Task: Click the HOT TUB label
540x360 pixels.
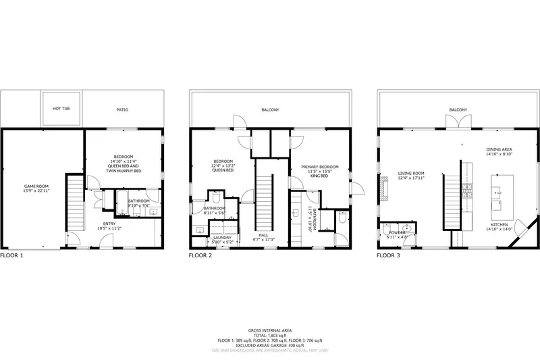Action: (61, 108)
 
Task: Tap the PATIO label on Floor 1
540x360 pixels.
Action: (122, 109)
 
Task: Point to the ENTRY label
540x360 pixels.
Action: (109, 223)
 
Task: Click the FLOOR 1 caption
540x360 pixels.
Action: (12, 256)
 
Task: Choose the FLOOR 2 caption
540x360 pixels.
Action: (200, 256)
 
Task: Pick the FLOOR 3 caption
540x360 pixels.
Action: (389, 256)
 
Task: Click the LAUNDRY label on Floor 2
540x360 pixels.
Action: (222, 238)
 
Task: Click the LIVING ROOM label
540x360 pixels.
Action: (410, 174)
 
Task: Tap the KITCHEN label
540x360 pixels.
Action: (500, 224)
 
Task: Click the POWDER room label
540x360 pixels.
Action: (396, 232)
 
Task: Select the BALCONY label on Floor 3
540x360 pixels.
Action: (458, 109)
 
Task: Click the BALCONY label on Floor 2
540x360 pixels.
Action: (270, 109)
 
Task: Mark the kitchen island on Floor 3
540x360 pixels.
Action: (502, 192)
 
